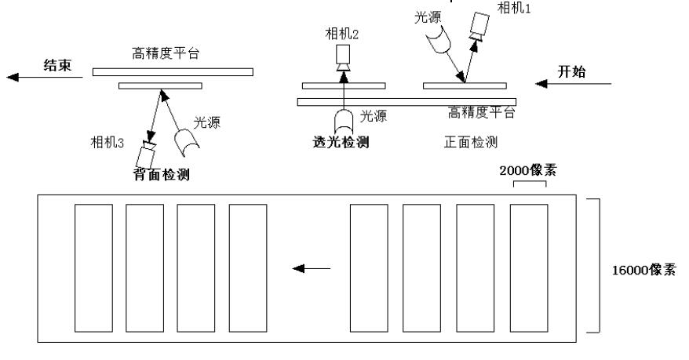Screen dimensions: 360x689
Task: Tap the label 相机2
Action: pos(341,35)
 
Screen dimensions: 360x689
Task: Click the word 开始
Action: pos(572,72)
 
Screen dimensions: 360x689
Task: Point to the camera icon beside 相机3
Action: pos(147,151)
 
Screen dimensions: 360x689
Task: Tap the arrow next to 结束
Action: pos(31,77)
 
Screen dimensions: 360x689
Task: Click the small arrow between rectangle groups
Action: pos(311,269)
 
